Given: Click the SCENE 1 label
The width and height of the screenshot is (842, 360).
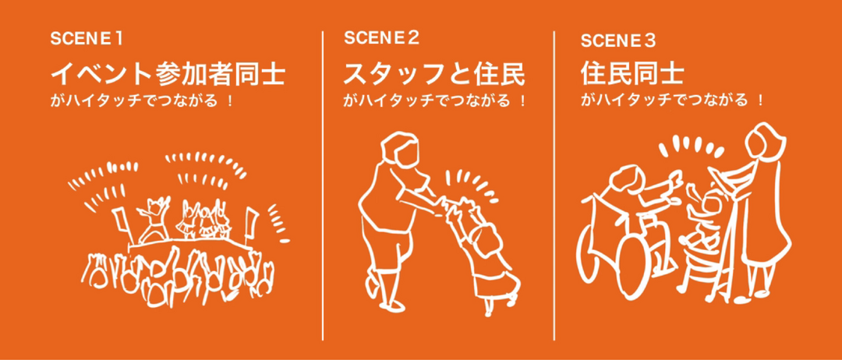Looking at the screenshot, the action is pos(87,39).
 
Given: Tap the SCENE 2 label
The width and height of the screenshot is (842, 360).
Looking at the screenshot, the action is pos(381,38).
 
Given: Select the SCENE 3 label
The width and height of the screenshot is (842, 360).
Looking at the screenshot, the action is pos(618,41).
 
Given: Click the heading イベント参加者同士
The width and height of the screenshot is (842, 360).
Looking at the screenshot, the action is pos(168,74).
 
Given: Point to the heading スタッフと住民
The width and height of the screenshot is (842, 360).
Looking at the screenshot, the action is pos(434,74).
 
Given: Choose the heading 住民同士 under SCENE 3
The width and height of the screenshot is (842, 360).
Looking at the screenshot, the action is pos(631,74).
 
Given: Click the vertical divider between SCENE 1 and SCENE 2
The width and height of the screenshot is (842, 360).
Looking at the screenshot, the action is pos(323,185).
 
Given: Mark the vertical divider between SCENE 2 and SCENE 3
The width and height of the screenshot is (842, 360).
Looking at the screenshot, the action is pos(554,185).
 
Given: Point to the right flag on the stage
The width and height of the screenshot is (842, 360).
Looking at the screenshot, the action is pos(249,221).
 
